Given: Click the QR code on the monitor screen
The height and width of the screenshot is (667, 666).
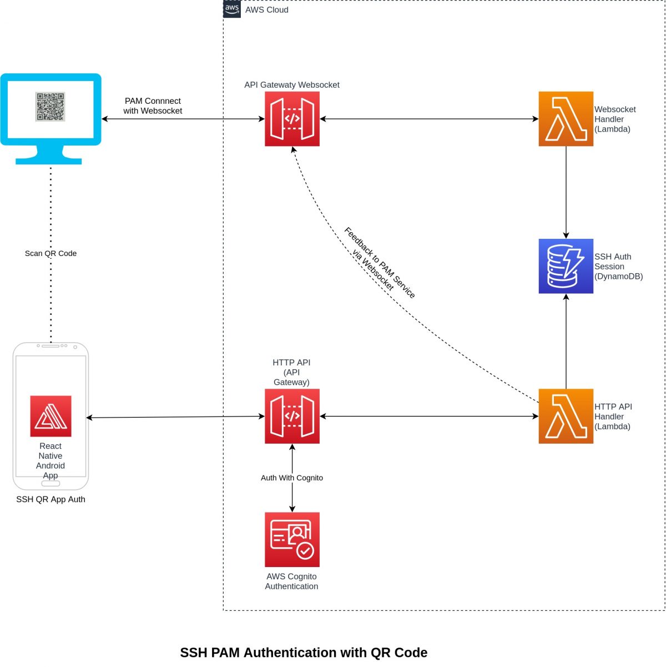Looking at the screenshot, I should tap(51, 107).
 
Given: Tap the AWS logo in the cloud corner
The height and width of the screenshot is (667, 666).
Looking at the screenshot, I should tap(232, 9).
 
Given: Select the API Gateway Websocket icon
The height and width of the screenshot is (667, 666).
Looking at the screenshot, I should tap(292, 119).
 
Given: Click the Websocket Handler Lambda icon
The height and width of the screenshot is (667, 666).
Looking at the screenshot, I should tap(566, 119).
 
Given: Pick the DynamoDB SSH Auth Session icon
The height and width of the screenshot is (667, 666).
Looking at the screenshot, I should tap(566, 266).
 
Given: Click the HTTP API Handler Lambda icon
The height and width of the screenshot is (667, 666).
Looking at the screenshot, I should tap(566, 416).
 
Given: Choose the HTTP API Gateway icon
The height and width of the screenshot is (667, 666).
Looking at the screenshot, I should tap(292, 416).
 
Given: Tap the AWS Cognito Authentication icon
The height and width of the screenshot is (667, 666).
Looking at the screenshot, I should tap(292, 539).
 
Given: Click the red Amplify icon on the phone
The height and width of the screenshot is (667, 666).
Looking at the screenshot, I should tap(51, 416).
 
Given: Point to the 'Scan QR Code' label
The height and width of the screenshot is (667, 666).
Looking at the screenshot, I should tap(51, 253).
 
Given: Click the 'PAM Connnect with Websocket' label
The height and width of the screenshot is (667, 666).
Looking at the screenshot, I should tap(153, 106).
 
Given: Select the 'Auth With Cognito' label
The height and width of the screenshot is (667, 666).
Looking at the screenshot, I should tap(292, 478).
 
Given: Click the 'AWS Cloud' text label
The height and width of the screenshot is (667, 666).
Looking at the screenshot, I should tap(266, 10).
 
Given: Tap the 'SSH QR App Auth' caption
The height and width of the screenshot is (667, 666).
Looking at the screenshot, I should tap(51, 499).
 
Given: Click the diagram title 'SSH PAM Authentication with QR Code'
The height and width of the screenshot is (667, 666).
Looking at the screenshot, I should tap(304, 653).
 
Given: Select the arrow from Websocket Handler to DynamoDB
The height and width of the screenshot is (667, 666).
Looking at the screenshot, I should tap(566, 192).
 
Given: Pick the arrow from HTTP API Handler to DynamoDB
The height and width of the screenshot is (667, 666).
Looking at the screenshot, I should tap(566, 342).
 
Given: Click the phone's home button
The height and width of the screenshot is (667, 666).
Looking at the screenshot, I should tap(51, 483).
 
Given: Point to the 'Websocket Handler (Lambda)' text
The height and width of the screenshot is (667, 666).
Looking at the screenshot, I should tap(615, 119).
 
